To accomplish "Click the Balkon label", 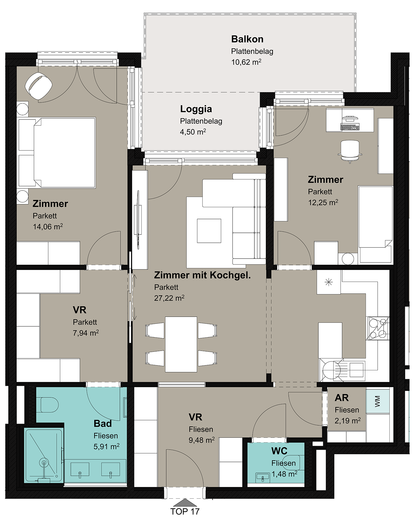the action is pos(247,39).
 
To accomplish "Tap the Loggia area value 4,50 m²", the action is pos(193,132).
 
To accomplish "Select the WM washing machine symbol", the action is pos(378,401).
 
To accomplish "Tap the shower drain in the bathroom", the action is pos(43,462).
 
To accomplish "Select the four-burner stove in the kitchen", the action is pos(377,328).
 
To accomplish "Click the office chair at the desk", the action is pos(350,151).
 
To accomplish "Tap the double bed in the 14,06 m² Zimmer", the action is pos(57,153).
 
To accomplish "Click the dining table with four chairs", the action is pos(181,344).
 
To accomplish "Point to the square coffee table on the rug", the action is pos(209,231).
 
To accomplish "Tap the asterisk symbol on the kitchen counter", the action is pos(329,282).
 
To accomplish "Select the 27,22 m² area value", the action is pos(169,298).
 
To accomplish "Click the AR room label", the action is pos(342,398).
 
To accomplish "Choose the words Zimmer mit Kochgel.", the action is pos(202,275).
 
